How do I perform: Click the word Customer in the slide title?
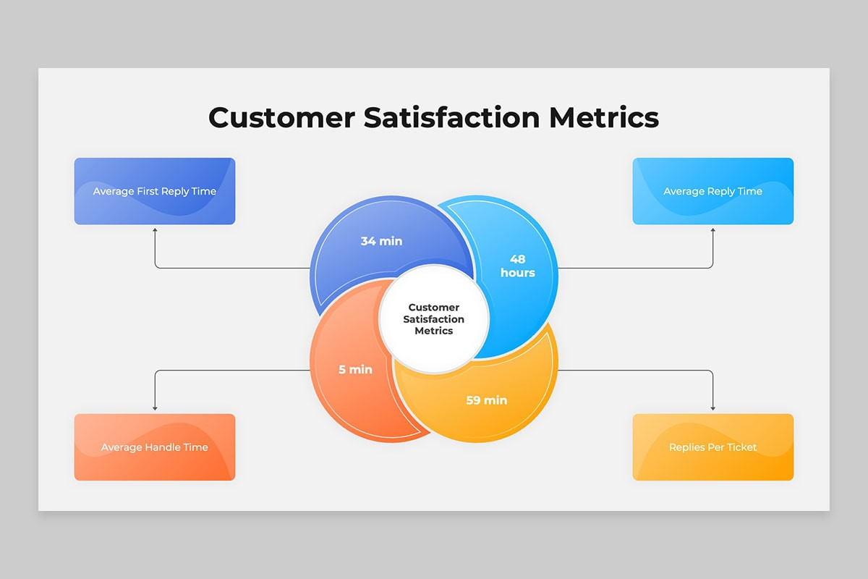click(281, 117)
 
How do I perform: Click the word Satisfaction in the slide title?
click(452, 117)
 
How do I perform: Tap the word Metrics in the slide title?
click(604, 117)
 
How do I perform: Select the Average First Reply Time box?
click(155, 191)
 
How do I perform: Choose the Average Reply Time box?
click(713, 191)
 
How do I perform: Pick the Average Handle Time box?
click(155, 447)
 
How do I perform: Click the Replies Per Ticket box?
click(713, 447)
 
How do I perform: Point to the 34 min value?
click(381, 241)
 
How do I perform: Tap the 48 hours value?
click(518, 266)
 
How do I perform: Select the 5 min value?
click(355, 370)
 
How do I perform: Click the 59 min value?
click(486, 400)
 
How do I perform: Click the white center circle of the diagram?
click(434, 318)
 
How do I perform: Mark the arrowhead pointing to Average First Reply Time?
click(155, 230)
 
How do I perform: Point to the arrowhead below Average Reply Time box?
click(713, 230)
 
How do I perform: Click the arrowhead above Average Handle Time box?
click(155, 408)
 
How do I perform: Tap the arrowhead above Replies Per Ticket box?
click(713, 408)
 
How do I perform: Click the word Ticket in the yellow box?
click(741, 447)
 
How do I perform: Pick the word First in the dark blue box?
click(148, 191)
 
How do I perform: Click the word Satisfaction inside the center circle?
click(433, 319)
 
